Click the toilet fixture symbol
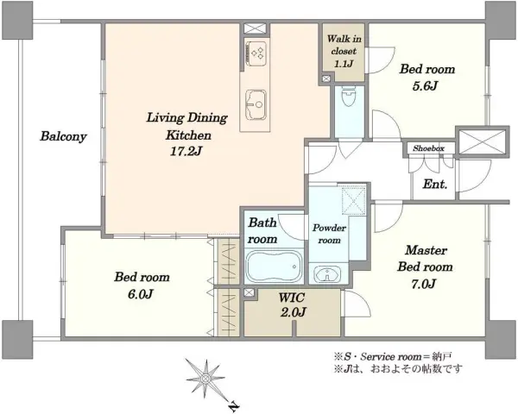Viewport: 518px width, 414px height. [349, 96]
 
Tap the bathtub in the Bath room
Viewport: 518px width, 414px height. [275, 267]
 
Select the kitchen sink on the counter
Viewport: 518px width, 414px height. [256, 105]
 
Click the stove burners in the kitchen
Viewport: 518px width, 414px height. [256, 53]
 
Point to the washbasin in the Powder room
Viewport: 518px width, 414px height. [327, 274]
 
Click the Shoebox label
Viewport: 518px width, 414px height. [428, 148]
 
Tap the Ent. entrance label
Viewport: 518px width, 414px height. [435, 185]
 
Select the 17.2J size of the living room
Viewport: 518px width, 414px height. [186, 151]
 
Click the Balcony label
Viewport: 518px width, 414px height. [63, 136]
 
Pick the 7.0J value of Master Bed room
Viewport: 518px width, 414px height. [423, 284]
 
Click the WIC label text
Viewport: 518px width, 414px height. [291, 298]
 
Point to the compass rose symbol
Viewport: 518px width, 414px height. [205, 377]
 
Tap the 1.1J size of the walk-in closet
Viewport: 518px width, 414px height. [344, 63]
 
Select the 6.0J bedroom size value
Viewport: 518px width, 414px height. [141, 294]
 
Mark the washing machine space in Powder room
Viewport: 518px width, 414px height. [354, 200]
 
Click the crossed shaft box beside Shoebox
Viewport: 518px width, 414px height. [483, 141]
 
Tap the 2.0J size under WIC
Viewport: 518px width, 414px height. [293, 311]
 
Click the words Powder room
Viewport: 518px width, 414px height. [329, 234]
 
